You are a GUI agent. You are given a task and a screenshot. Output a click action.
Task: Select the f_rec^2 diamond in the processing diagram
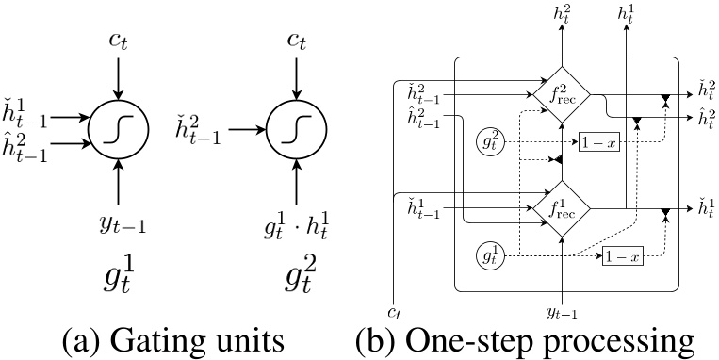click(x=562, y=95)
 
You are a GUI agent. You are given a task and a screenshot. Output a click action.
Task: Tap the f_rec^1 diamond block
click(x=562, y=207)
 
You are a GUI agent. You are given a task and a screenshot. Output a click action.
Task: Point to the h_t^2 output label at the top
click(x=562, y=11)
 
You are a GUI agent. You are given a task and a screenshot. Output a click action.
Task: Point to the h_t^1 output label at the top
click(x=625, y=11)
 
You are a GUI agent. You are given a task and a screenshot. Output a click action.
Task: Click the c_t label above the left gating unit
click(x=117, y=42)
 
